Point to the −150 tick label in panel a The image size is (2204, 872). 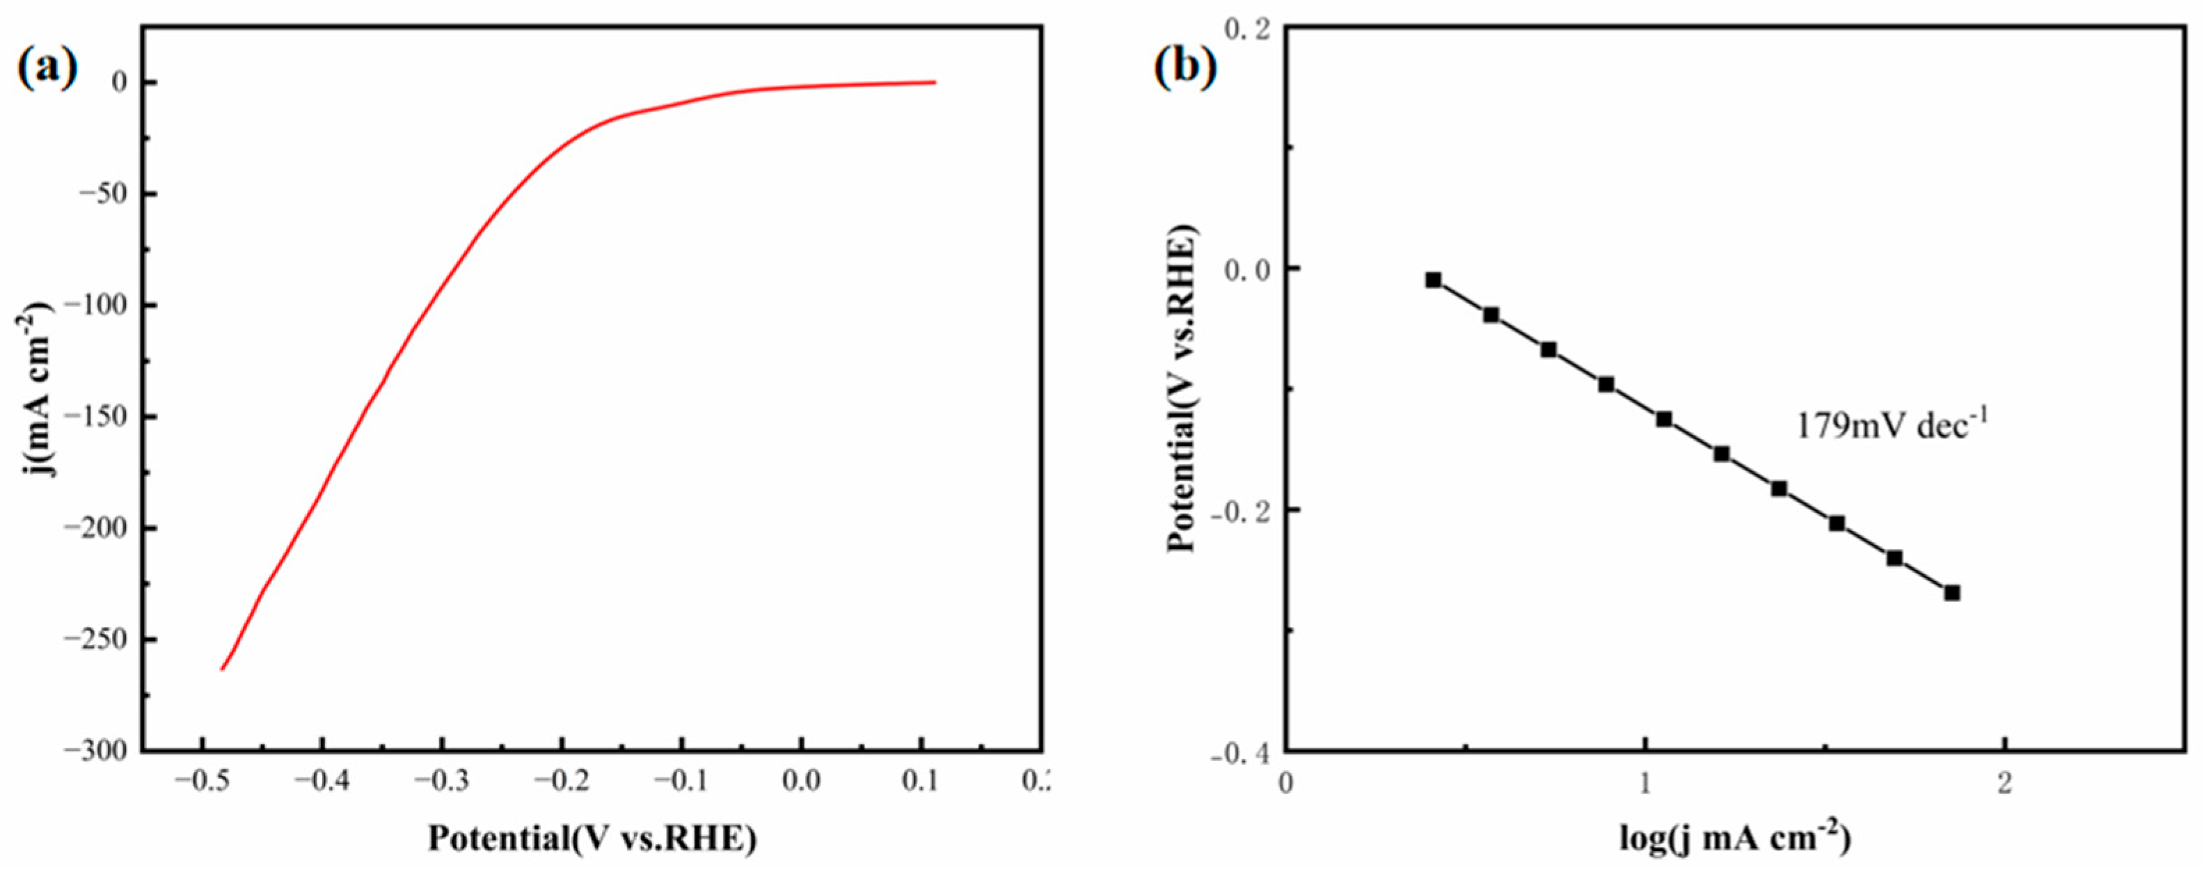point(100,417)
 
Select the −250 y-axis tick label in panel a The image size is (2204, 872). point(100,640)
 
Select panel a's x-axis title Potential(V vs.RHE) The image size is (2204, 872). point(592,839)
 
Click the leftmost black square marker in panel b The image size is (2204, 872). point(1433,280)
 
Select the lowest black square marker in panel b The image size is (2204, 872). point(1951,593)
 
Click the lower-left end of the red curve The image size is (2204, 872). point(223,669)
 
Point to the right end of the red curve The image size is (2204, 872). point(935,82)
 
